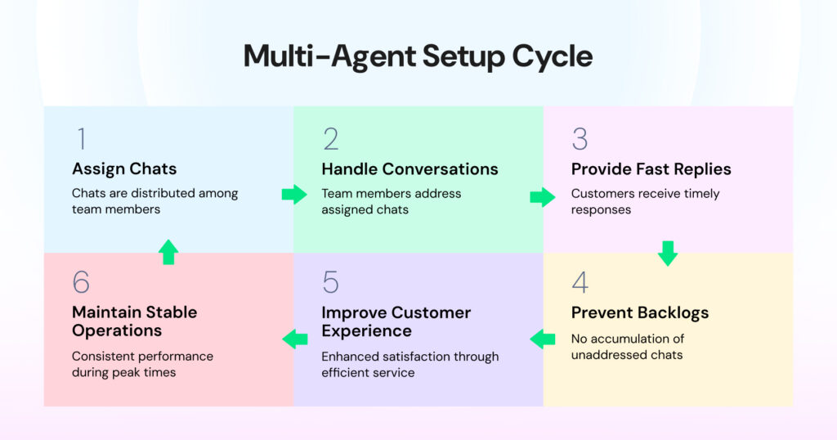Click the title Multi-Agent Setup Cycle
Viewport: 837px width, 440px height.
coord(418,56)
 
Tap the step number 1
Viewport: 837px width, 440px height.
coord(79,139)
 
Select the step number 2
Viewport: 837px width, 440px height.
coord(330,139)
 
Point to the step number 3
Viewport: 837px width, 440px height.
coord(580,139)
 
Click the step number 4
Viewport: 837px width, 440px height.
coord(580,282)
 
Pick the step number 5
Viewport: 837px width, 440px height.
coord(330,282)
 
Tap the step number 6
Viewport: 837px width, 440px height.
coord(81,282)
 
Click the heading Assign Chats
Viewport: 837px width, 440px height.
coord(124,169)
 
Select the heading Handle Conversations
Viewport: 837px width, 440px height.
coord(410,169)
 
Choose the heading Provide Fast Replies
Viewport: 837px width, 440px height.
coord(651,169)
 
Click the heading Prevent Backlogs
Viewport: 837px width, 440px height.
coord(640,312)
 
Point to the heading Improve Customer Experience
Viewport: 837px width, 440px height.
coord(396,321)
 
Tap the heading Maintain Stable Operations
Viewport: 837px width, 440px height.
coord(134,321)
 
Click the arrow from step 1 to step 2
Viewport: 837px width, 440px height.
coord(293,195)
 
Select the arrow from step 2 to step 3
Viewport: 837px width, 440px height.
coord(542,197)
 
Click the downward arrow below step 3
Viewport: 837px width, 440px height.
coord(668,253)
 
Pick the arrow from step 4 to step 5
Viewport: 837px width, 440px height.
coord(543,338)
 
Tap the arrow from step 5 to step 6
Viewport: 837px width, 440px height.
coord(294,338)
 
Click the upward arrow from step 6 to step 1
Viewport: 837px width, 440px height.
coord(168,252)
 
